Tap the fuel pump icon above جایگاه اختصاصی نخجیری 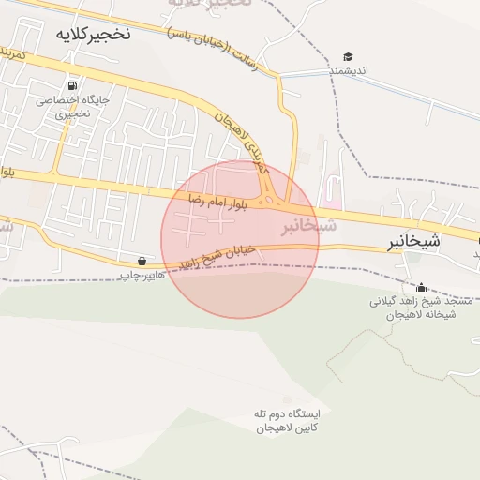tap(72, 82)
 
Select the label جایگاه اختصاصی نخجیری tap(72, 105)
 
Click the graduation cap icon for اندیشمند tap(348, 57)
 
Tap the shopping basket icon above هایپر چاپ tap(142, 261)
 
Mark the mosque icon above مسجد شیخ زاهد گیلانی tap(421, 287)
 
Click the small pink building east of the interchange tap(332, 199)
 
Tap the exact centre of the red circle tap(240, 239)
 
